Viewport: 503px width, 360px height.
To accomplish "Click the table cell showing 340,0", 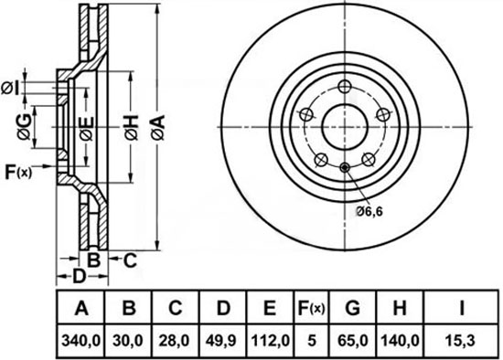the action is pos(80,341).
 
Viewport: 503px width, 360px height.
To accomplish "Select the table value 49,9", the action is pos(222,341).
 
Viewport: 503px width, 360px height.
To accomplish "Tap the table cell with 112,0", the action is pos(271,341).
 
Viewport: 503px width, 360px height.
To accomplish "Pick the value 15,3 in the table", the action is pos(461,341).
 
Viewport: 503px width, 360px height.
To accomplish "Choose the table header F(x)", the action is pos(311,308).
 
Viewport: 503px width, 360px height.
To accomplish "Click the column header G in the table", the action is pos(352,308).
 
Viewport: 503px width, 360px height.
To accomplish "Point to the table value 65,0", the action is pos(353,341).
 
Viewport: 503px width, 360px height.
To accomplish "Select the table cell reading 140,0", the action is pos(400,341).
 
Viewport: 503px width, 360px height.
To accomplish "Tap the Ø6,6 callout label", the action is pos(369,211).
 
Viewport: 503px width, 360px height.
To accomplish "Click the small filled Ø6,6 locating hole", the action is pos(345,167).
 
